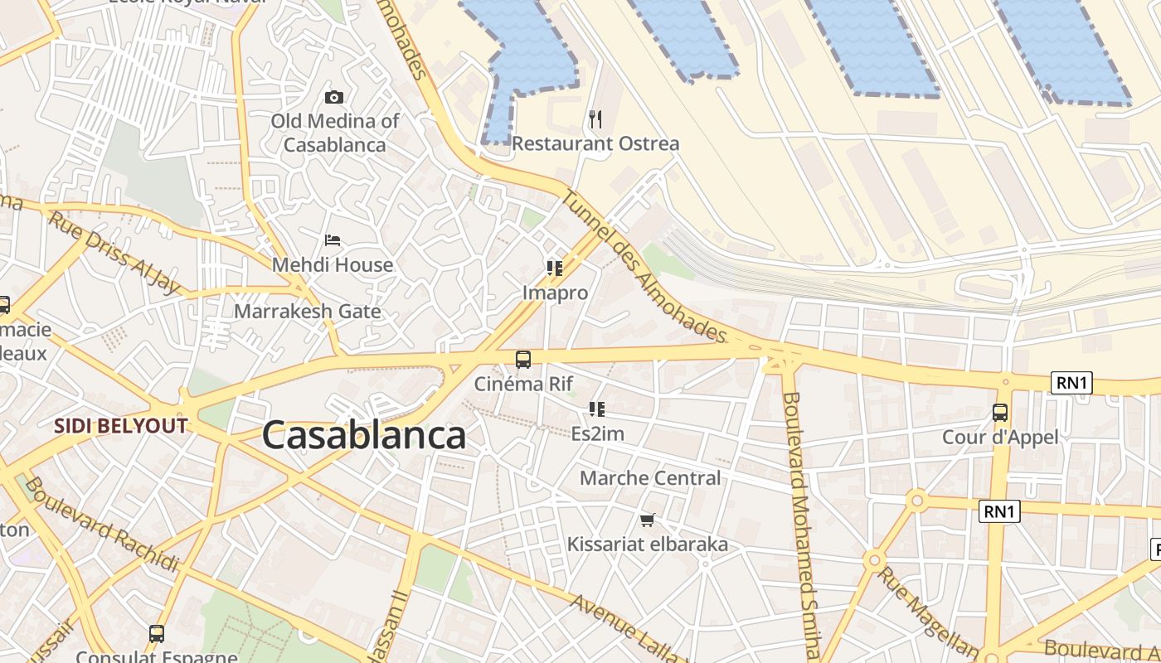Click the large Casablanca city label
pyautogui.click(x=364, y=436)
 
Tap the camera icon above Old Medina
pyautogui.click(x=334, y=97)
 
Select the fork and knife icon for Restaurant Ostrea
pyautogui.click(x=595, y=119)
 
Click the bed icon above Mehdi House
pyautogui.click(x=333, y=240)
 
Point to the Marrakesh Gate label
pyautogui.click(x=308, y=312)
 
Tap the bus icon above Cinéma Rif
pyautogui.click(x=523, y=360)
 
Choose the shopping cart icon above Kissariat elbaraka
pyautogui.click(x=647, y=520)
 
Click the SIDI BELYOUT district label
pyautogui.click(x=121, y=426)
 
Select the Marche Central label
pyautogui.click(x=650, y=478)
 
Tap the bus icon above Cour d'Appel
pyautogui.click(x=1000, y=412)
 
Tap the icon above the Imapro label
pyautogui.click(x=555, y=268)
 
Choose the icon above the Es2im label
pyautogui.click(x=597, y=409)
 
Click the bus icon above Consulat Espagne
pyautogui.click(x=157, y=634)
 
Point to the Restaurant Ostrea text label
pyautogui.click(x=595, y=143)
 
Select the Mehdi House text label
pyautogui.click(x=333, y=265)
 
